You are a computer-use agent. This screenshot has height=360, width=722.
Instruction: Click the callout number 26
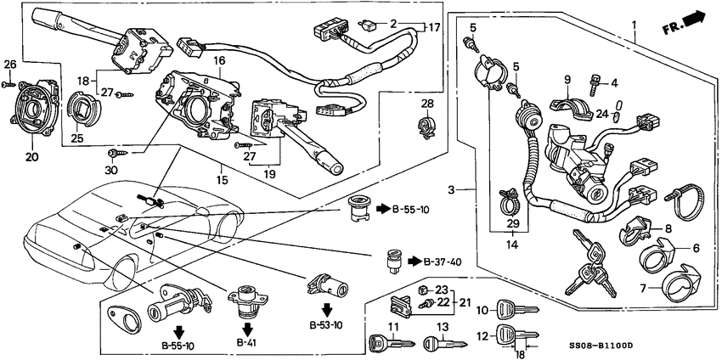pos(9,65)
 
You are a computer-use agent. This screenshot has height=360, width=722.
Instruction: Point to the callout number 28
pos(426,104)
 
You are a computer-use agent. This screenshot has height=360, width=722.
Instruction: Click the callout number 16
pos(218,62)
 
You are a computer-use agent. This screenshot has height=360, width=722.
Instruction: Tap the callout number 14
pos(511,245)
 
